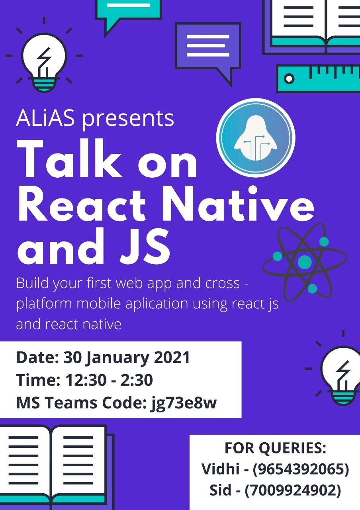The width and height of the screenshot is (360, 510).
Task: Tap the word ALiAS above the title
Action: pyautogui.click(x=45, y=118)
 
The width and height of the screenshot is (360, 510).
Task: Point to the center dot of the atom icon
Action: pyautogui.click(x=305, y=262)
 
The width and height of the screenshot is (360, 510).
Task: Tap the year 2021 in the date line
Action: pyautogui.click(x=172, y=357)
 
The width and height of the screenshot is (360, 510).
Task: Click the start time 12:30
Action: pyautogui.click(x=86, y=380)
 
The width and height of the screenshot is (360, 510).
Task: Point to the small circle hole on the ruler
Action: pyautogui.click(x=289, y=79)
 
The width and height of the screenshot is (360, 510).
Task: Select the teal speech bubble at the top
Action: pyautogui.click(x=128, y=15)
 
